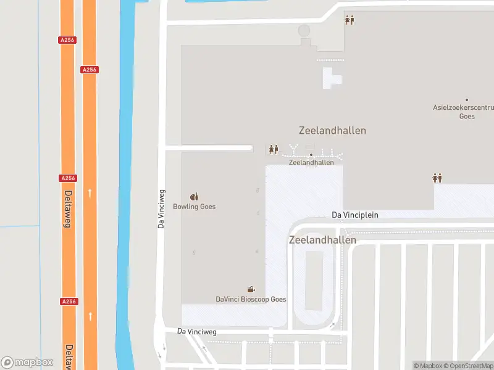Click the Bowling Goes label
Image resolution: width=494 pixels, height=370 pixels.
tap(195, 207)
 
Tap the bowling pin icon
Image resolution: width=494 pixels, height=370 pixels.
tap(194, 197)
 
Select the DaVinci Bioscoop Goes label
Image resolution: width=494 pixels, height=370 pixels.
tap(251, 299)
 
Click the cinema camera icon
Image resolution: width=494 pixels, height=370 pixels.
tap(251, 290)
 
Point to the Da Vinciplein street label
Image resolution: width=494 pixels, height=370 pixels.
tap(354, 215)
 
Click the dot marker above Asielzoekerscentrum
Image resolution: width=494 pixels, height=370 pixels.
tap(467, 100)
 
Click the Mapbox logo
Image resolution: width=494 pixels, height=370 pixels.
tap(27, 362)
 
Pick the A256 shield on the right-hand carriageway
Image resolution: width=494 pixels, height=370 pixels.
tap(90, 70)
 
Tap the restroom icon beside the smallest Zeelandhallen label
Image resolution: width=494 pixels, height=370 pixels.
tap(274, 149)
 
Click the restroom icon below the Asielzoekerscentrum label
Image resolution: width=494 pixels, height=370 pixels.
tap(437, 178)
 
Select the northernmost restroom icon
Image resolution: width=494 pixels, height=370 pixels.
tap(350, 20)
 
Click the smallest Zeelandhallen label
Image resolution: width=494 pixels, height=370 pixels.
tap(311, 163)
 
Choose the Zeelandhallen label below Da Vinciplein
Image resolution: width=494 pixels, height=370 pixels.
tap(322, 240)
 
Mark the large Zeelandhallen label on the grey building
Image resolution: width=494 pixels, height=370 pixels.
tap(332, 131)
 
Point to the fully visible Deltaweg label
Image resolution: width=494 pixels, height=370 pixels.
tap(67, 209)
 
